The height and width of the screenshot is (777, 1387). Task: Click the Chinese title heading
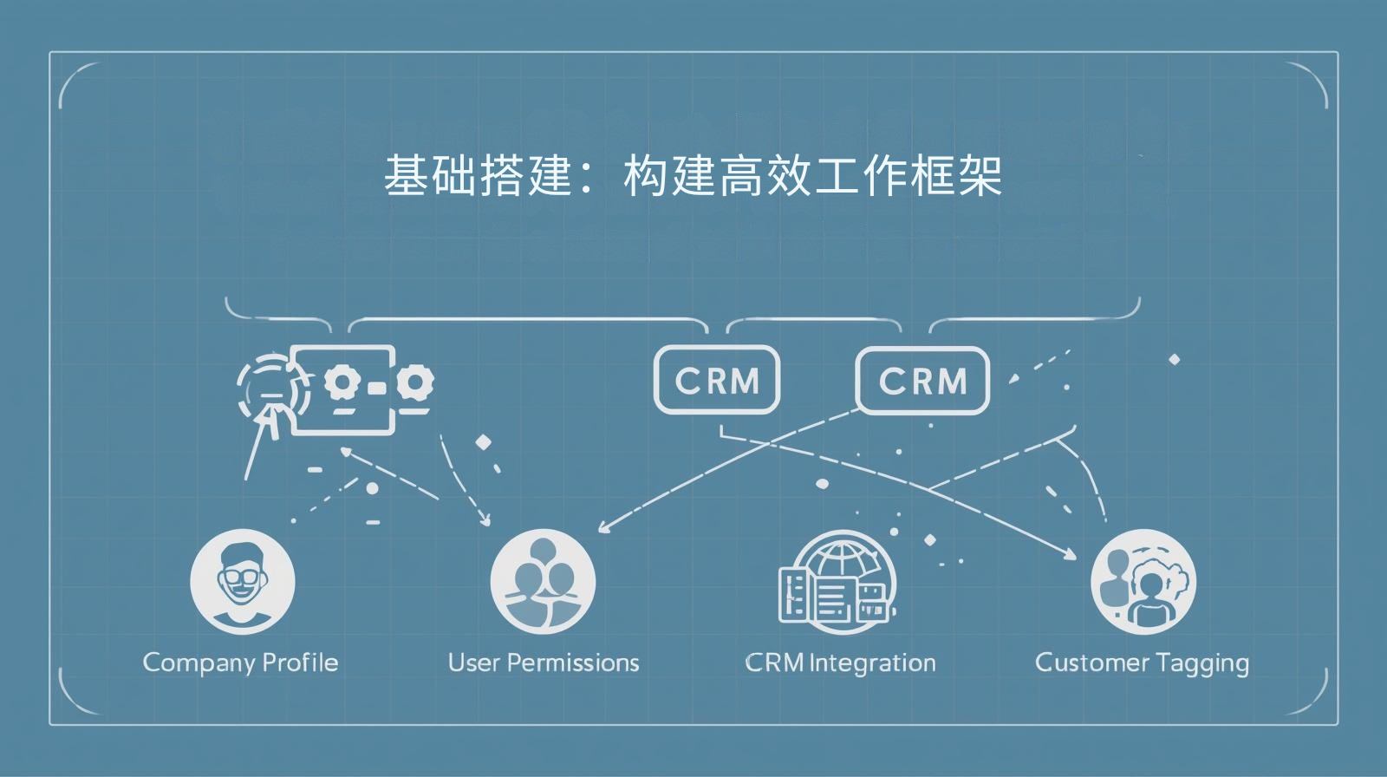pyautogui.click(x=693, y=176)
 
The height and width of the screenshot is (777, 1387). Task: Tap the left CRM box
pyautogui.click(x=716, y=380)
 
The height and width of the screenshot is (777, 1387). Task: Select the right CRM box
pyautogui.click(x=922, y=380)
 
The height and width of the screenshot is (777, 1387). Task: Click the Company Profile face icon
pyautogui.click(x=242, y=581)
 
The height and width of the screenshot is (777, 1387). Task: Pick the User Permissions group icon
pyautogui.click(x=543, y=581)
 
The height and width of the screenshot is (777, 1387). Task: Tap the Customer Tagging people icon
pyautogui.click(x=1143, y=581)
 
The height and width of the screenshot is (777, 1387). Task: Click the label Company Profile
pyautogui.click(x=240, y=663)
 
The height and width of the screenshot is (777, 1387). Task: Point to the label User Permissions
pyautogui.click(x=544, y=663)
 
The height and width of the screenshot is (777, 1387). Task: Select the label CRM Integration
pyautogui.click(x=840, y=663)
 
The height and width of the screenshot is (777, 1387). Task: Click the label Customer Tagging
pyautogui.click(x=1142, y=663)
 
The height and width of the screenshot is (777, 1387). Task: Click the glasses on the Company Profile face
pyautogui.click(x=242, y=576)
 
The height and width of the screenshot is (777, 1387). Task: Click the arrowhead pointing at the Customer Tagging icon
pyautogui.click(x=1071, y=554)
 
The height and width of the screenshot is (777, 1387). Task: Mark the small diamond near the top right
pyautogui.click(x=1174, y=359)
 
